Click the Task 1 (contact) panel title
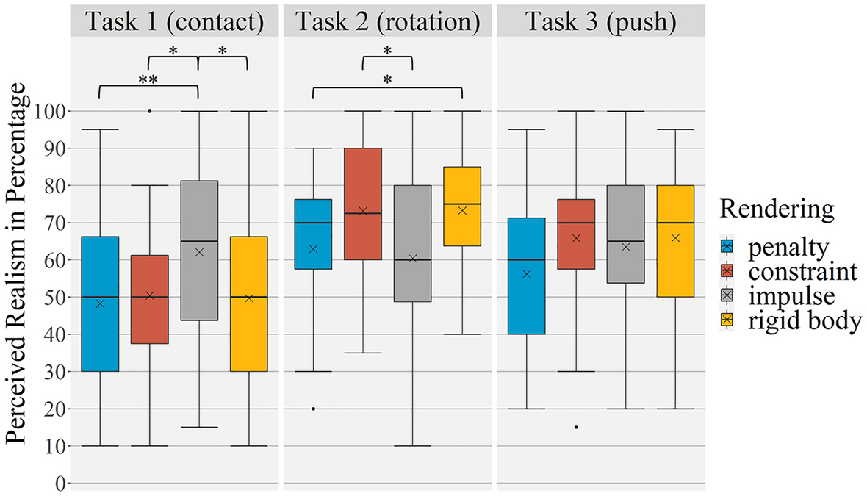pyautogui.click(x=174, y=21)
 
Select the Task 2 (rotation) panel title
pyautogui.click(x=387, y=21)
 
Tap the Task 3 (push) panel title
pyautogui.click(x=600, y=21)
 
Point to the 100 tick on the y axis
pyautogui.click(x=51, y=111)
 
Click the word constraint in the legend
pyautogui.click(x=802, y=272)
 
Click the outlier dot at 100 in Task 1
pyautogui.click(x=150, y=111)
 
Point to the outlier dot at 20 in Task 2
pyautogui.click(x=314, y=409)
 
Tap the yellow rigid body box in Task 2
pyautogui.click(x=462, y=206)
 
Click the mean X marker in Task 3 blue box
pyautogui.click(x=527, y=274)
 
